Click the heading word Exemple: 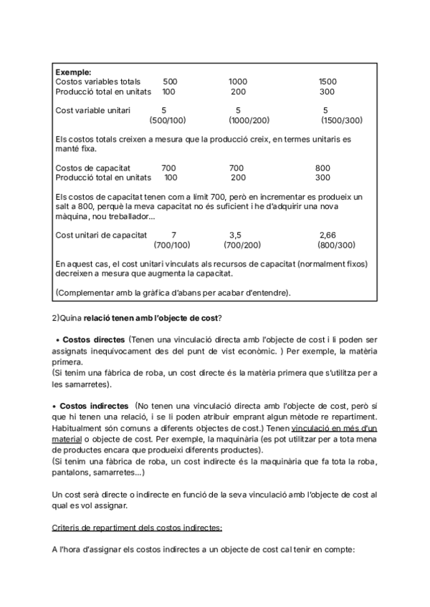pos(73,72)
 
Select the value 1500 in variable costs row pos(328,82)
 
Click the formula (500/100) pos(168,120)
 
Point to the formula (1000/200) pos(249,120)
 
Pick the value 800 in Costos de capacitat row pos(322,167)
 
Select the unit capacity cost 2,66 pos(328,235)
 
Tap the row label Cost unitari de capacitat pos(101,235)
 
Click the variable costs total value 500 pos(171,82)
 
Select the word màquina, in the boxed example pos(73,215)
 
